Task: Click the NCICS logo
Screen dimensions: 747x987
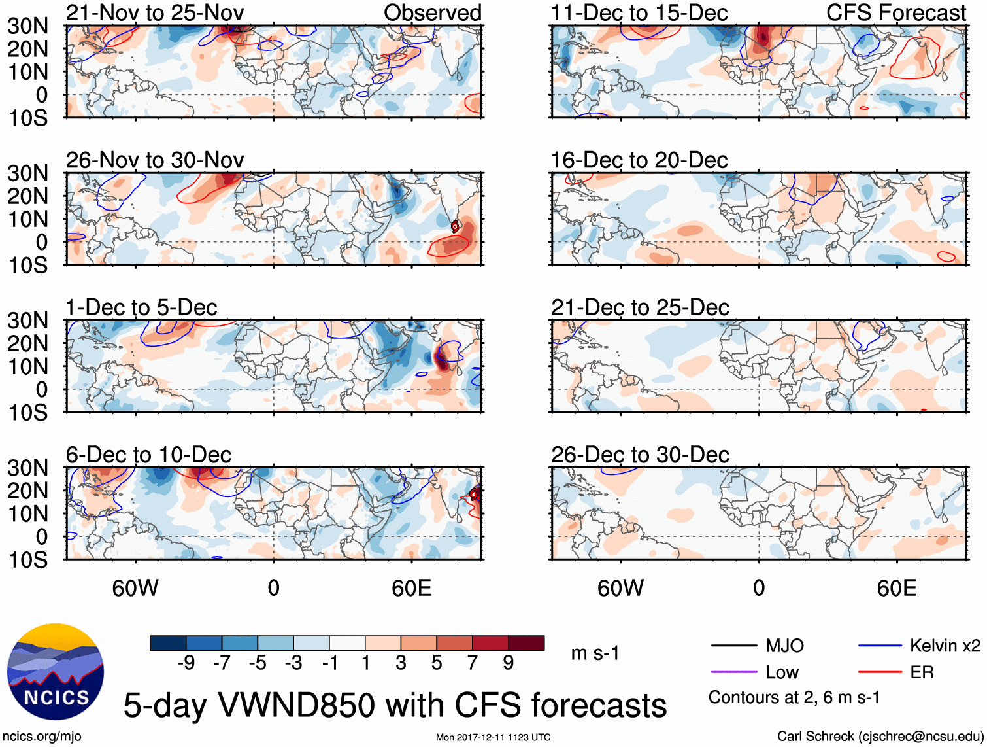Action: pyautogui.click(x=56, y=671)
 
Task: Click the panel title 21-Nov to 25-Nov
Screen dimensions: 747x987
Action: pyautogui.click(x=155, y=12)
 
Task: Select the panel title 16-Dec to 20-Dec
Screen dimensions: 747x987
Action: pyautogui.click(x=639, y=160)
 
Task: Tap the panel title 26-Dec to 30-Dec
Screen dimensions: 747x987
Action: pyautogui.click(x=640, y=455)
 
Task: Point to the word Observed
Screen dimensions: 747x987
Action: pyautogui.click(x=432, y=12)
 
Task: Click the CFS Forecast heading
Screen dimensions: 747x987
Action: pyautogui.click(x=895, y=12)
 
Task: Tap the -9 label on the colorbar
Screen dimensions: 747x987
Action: pyautogui.click(x=186, y=663)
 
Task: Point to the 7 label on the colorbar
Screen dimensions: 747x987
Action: pyautogui.click(x=473, y=663)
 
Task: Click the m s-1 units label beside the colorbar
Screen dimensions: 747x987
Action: pyautogui.click(x=595, y=653)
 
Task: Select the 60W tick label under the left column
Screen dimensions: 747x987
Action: pyautogui.click(x=135, y=588)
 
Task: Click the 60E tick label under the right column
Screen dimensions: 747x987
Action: pyautogui.click(x=896, y=588)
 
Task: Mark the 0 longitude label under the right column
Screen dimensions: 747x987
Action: pyautogui.click(x=758, y=588)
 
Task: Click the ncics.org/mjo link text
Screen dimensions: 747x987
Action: pyautogui.click(x=42, y=737)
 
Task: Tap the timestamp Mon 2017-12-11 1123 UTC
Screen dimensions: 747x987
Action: pyautogui.click(x=493, y=737)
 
